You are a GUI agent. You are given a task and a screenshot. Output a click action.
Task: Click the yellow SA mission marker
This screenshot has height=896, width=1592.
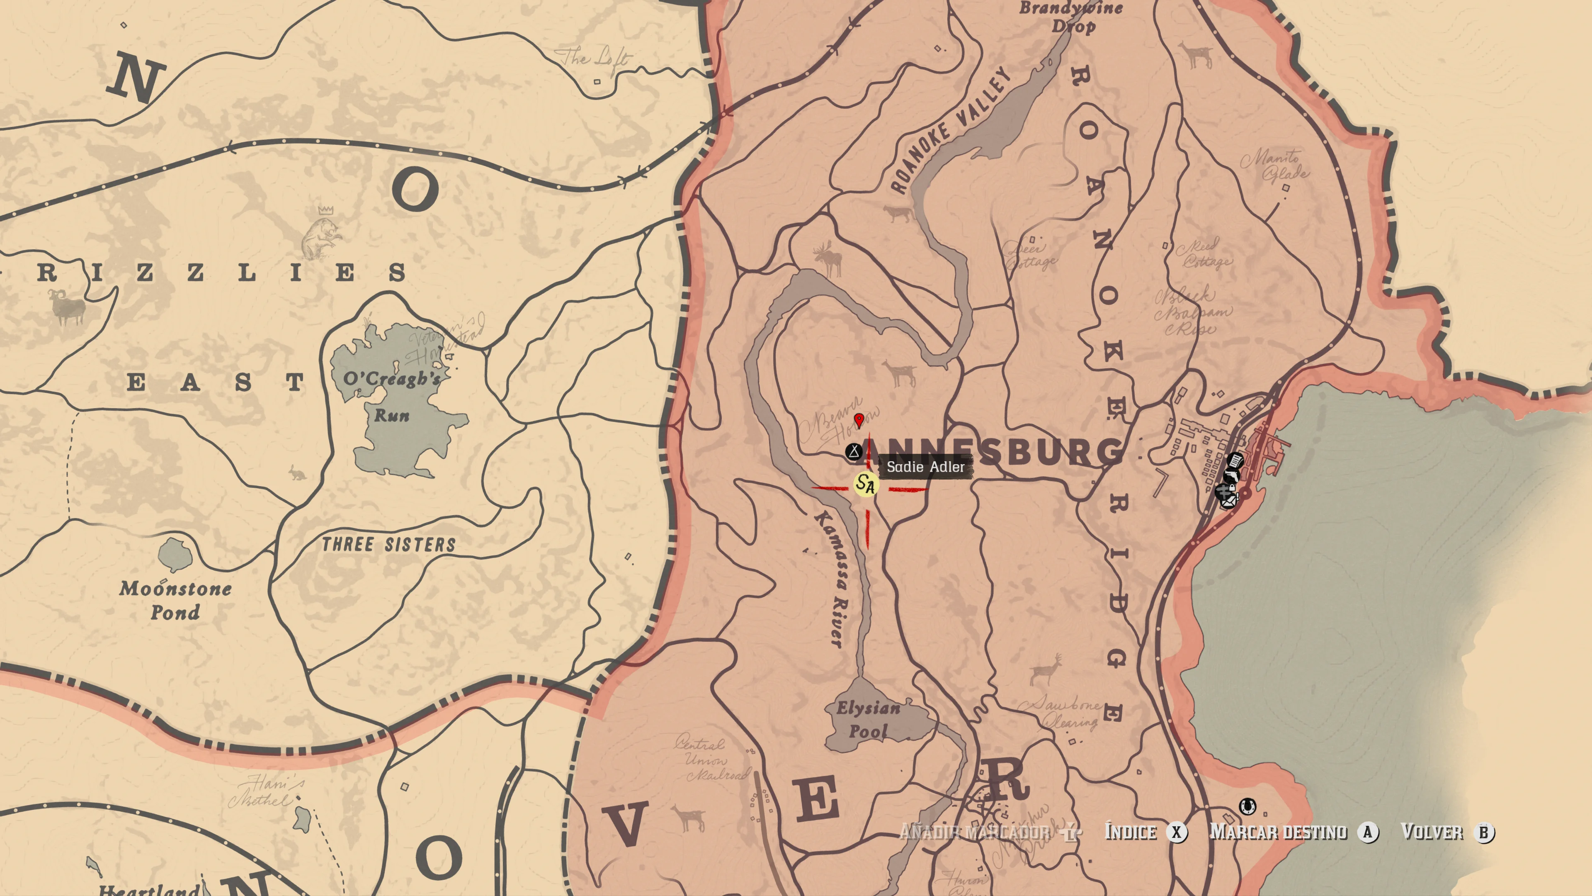pyautogui.click(x=866, y=484)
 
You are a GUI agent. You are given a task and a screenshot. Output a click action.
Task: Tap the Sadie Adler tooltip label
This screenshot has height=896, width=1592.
pyautogui.click(x=925, y=467)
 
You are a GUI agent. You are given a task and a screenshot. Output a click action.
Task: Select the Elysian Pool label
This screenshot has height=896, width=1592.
pyautogui.click(x=868, y=720)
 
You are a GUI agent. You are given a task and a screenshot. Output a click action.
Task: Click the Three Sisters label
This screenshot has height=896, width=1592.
pyautogui.click(x=389, y=545)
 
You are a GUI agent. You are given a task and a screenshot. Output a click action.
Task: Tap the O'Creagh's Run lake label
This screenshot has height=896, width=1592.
pyautogui.click(x=392, y=396)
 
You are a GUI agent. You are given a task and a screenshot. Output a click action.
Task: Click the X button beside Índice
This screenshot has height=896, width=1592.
pyautogui.click(x=1176, y=832)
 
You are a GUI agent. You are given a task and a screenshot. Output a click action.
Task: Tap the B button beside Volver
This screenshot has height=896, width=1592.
pyautogui.click(x=1483, y=832)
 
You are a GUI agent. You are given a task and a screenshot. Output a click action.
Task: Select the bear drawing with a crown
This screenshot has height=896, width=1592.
pyautogui.click(x=320, y=234)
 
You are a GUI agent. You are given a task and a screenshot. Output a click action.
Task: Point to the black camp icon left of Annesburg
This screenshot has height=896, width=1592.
pyautogui.click(x=854, y=451)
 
